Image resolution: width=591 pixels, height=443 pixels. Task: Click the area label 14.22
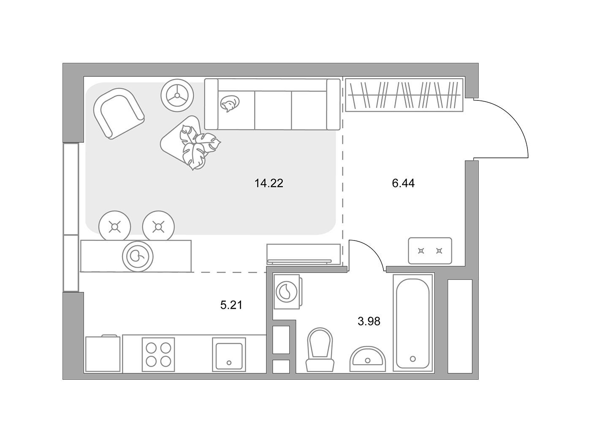pyautogui.click(x=269, y=184)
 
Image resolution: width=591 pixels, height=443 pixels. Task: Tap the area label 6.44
pyautogui.click(x=403, y=184)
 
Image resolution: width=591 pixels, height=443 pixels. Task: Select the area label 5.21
pyautogui.click(x=231, y=305)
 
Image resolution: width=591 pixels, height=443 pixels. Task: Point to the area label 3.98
pyautogui.click(x=369, y=321)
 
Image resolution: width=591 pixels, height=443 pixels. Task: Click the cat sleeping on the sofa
pyautogui.click(x=230, y=103)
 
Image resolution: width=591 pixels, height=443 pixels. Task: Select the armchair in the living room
pyautogui.click(x=119, y=113)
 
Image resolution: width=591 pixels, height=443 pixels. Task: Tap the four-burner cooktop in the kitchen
pyautogui.click(x=158, y=355)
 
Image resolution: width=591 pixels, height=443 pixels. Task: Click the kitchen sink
pyautogui.click(x=229, y=355)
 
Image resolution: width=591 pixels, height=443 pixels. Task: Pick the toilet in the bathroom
pyautogui.click(x=320, y=350)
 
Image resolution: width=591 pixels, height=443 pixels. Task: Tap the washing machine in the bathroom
pyautogui.click(x=287, y=292)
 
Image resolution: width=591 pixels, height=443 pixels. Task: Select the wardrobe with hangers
pyautogui.click(x=404, y=95)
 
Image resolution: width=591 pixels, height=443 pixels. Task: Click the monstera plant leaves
pyautogui.click(x=199, y=146)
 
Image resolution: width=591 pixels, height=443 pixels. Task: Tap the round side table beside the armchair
pyautogui.click(x=177, y=95)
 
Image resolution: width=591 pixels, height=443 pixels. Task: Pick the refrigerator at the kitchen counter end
pyautogui.click(x=103, y=354)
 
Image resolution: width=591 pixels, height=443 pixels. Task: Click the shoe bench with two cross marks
pyautogui.click(x=430, y=251)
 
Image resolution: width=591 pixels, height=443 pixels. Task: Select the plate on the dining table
pyautogui.click(x=138, y=257)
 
